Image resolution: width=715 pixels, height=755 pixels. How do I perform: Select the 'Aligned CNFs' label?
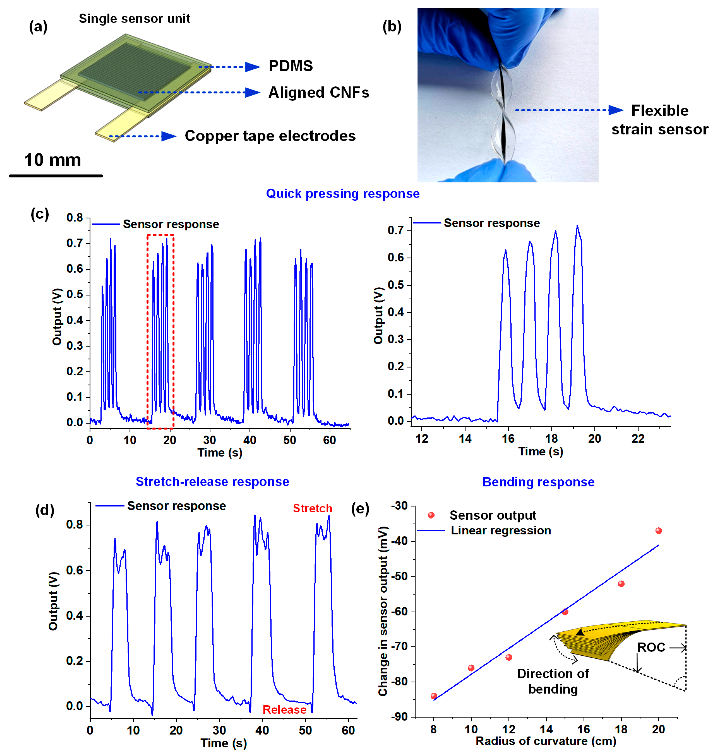[319, 93]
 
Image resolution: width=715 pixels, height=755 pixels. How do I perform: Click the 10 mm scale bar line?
[56, 176]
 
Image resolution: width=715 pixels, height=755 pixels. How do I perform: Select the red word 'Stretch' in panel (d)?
[312, 508]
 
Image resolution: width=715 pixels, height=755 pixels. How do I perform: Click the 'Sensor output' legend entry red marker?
[431, 515]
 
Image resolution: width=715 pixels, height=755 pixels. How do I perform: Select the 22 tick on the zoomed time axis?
[638, 439]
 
